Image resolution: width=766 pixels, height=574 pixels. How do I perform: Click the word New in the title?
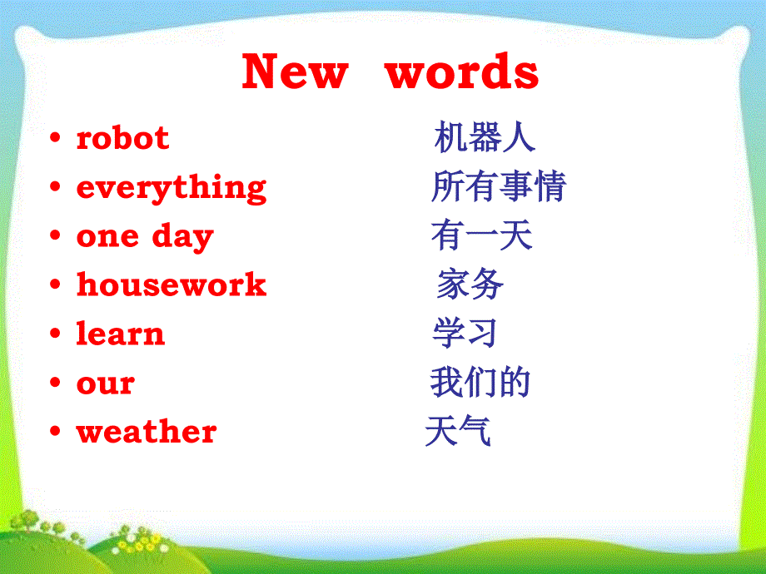click(295, 72)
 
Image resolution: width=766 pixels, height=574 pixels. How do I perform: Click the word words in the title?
click(462, 72)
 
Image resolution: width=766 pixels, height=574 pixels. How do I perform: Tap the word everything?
click(172, 188)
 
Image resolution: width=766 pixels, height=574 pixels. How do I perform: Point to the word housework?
click(172, 284)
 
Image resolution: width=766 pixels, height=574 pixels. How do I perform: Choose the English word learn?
click(121, 334)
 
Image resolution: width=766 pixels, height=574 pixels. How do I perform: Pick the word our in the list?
click(106, 383)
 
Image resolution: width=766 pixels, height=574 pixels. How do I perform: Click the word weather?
click(147, 431)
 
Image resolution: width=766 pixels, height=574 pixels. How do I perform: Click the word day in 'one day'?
click(182, 238)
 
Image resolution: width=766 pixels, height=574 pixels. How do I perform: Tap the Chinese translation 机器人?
click(485, 137)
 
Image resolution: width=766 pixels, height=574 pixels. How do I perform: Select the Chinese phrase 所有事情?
click(499, 186)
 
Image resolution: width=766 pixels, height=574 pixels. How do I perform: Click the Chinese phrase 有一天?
click(482, 235)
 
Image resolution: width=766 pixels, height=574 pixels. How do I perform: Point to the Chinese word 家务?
click(470, 284)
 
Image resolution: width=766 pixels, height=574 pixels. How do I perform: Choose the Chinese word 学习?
click(465, 333)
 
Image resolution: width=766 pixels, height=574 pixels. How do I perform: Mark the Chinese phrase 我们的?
click(480, 382)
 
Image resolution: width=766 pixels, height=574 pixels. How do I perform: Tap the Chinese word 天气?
click(458, 431)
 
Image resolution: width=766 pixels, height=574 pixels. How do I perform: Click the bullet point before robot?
click(55, 137)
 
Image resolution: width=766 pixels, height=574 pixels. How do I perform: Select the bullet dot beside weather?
click(55, 431)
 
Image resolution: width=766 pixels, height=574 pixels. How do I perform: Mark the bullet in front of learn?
click(55, 334)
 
